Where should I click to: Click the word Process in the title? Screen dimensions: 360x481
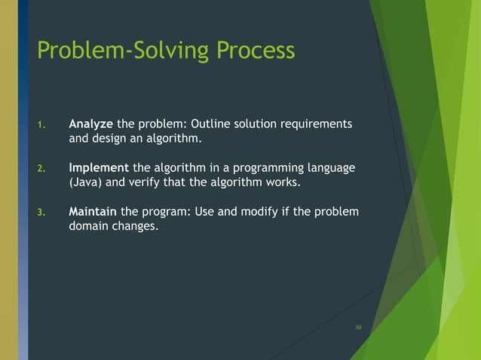[256, 50]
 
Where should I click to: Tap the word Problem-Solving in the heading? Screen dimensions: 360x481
[124, 51]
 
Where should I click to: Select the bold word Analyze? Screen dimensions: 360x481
[90, 124]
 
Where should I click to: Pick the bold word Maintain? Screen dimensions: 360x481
[93, 211]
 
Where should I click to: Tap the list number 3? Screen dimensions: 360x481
[41, 212]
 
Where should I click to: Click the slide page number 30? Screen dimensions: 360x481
[357, 327]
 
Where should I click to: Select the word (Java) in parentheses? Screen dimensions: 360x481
[84, 182]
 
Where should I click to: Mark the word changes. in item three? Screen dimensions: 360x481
[136, 226]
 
